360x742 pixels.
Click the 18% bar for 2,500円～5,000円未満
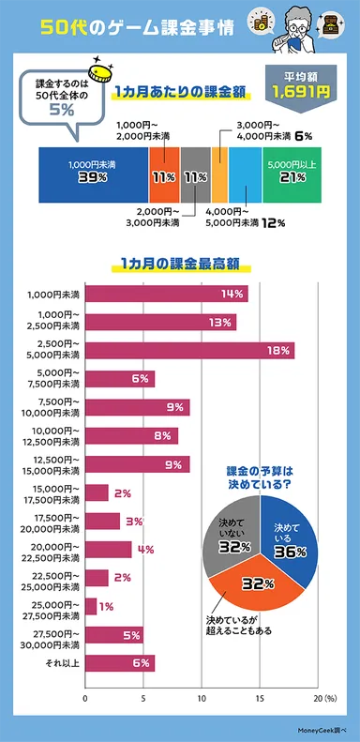(x=187, y=351)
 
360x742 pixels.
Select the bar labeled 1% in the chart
(x=91, y=607)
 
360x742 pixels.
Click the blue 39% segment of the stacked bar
(x=92, y=174)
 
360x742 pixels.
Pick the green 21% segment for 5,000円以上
(x=292, y=174)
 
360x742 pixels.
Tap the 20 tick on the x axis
(x=316, y=699)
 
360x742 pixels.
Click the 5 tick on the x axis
(x=142, y=699)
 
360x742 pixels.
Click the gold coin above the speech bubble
(x=97, y=71)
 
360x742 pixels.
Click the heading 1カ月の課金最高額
(x=166, y=265)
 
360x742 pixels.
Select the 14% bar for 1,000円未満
(x=166, y=294)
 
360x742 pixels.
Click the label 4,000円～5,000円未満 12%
(x=242, y=221)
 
